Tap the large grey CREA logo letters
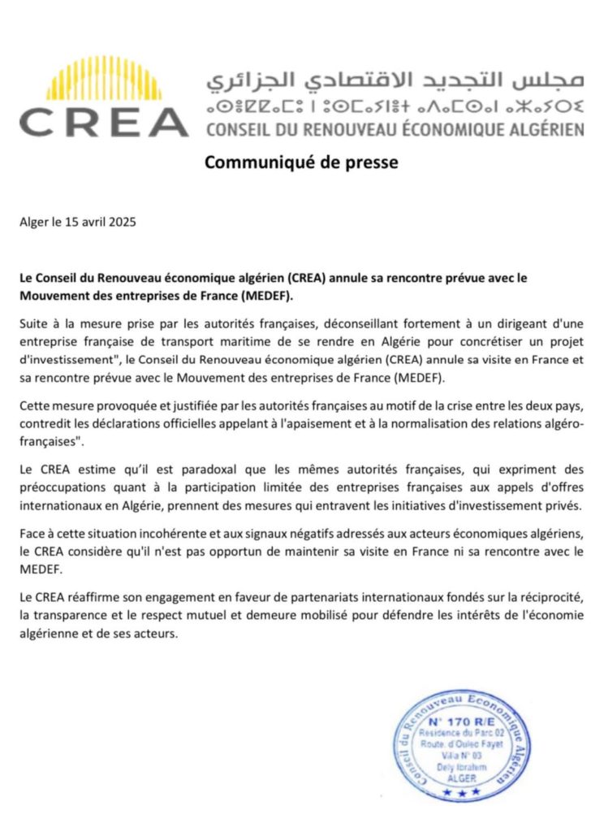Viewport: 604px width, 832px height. tap(103, 122)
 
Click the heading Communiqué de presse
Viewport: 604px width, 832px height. tap(301, 162)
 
